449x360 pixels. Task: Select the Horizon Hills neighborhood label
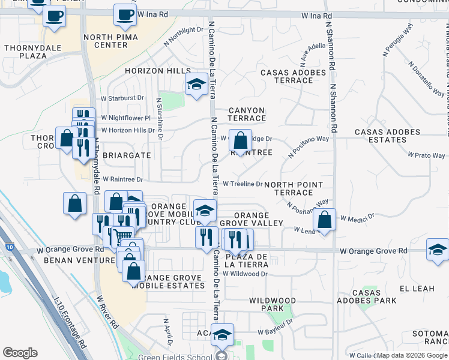click(157, 71)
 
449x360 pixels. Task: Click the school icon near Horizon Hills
click(196, 85)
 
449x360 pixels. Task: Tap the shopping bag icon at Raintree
click(240, 142)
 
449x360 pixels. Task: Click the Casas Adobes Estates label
click(389, 136)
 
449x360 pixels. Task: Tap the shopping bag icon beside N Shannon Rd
click(324, 220)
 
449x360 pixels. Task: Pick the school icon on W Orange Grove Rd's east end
click(438, 250)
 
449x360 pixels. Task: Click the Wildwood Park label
click(272, 304)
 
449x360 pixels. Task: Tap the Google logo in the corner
click(20, 353)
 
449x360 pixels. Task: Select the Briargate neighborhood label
click(127, 155)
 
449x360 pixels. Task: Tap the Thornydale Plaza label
click(25, 52)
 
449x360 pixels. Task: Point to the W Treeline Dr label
click(243, 184)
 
